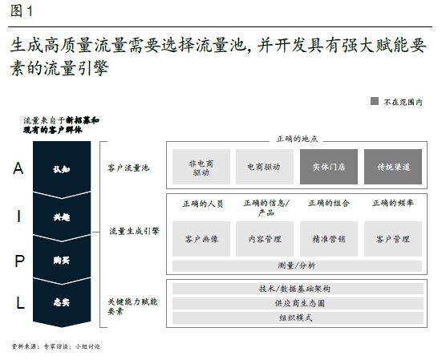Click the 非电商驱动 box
point(201,167)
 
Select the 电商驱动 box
point(264,167)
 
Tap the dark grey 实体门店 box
point(329,167)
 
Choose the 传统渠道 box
point(393,167)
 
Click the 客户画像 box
point(201,239)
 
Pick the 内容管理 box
point(264,239)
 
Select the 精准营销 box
point(329,239)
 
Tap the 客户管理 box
point(393,239)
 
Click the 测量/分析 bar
point(297,266)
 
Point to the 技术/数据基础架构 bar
point(298,289)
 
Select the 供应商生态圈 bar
point(298,303)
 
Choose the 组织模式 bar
point(298,318)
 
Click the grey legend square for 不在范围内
point(375,101)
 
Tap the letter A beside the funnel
point(18,168)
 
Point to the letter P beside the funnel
point(19,261)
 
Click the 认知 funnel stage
point(62,169)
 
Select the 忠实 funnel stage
point(62,302)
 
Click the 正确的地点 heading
point(297,139)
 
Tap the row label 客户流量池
point(128,168)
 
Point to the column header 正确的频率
point(393,203)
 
